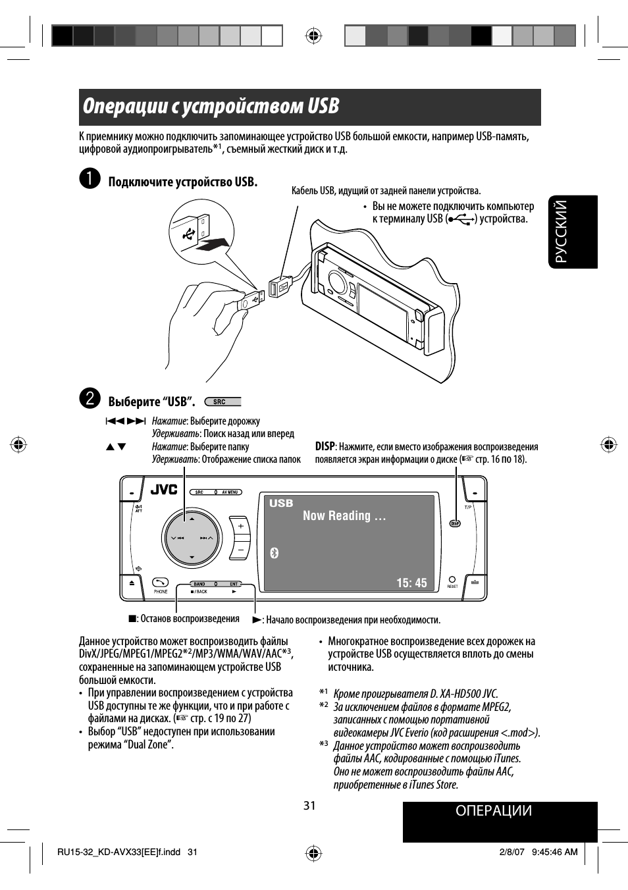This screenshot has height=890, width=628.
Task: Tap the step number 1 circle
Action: point(90,179)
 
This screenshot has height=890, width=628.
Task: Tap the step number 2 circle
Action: point(90,398)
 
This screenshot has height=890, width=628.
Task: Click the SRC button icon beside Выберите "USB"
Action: point(222,402)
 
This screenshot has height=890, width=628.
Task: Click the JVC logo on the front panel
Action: point(164,490)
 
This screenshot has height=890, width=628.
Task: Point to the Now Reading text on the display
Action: point(344,516)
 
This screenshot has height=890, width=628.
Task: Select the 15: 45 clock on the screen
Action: point(411,583)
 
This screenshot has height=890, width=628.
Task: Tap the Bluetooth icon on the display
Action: point(275,553)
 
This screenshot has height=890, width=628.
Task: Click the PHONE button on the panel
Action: point(161,583)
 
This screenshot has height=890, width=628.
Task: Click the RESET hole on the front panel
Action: point(452,580)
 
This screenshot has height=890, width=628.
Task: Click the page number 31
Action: point(309,806)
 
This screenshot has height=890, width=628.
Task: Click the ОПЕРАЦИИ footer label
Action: point(493,811)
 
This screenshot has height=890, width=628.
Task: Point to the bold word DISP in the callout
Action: point(325,446)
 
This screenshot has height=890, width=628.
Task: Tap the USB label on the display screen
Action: point(281,503)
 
